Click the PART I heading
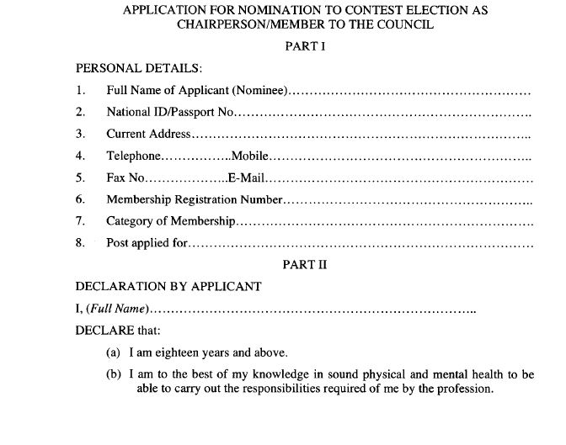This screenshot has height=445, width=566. [306, 47]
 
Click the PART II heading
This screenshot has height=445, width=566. [304, 264]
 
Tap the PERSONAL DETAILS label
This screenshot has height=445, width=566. [139, 68]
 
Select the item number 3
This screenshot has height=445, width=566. [80, 134]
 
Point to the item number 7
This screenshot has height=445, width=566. [80, 221]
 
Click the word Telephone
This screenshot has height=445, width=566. [132, 156]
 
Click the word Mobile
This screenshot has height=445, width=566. [248, 156]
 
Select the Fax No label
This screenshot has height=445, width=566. [125, 177]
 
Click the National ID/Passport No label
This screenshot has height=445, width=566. [173, 112]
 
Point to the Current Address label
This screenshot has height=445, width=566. [148, 134]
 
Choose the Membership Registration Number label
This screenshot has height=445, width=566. [194, 199]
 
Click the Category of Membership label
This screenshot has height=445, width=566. [170, 221]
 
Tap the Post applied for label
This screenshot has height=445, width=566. [147, 243]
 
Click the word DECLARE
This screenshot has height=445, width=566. [103, 331]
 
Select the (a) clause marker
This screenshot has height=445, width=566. [113, 352]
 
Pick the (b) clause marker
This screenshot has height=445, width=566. [114, 374]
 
